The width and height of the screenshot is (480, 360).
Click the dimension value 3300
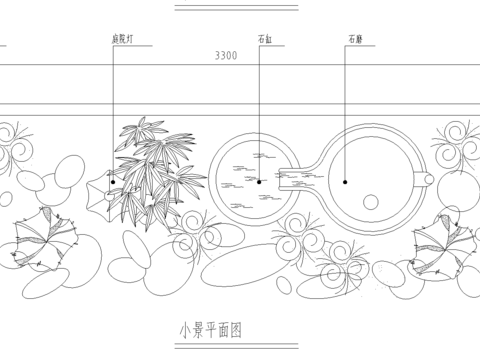[x=226, y=56]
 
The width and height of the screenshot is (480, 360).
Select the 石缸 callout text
[x=265, y=40]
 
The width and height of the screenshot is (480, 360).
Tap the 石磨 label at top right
[x=355, y=40]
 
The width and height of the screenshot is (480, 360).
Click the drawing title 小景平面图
[x=211, y=328]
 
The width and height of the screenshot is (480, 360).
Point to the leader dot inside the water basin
[x=259, y=182]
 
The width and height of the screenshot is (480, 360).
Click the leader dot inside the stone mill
[x=345, y=182]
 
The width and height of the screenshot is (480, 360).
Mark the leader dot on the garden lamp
[x=113, y=182]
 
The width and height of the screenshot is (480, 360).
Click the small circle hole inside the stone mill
[x=373, y=196]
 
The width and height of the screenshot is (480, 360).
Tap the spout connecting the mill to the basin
[x=296, y=181]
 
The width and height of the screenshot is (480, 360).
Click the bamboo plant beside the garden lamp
[x=150, y=175]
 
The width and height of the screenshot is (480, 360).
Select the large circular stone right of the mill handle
[x=459, y=190]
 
